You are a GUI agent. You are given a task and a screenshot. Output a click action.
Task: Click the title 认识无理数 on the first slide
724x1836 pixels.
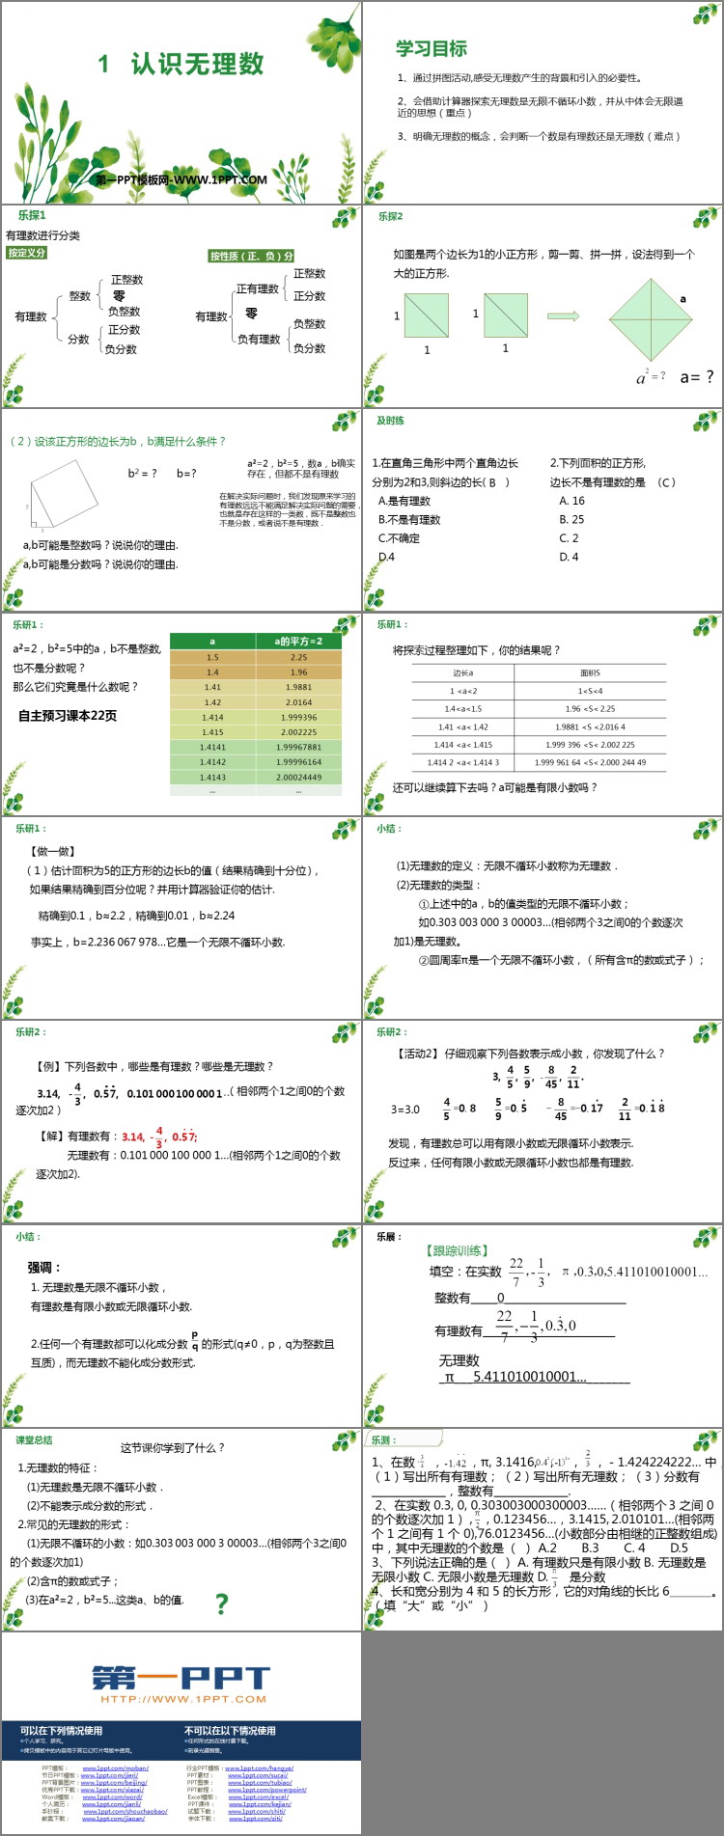click(197, 65)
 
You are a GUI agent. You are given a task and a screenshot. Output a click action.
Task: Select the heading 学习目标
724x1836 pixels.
click(431, 48)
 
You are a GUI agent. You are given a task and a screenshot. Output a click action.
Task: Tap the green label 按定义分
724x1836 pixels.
click(27, 253)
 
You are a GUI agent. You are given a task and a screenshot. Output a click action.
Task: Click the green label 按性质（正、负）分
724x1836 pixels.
click(251, 256)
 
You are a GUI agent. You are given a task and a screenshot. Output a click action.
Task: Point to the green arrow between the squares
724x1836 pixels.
click(563, 315)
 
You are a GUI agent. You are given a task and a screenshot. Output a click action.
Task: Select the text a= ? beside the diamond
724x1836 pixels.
click(697, 376)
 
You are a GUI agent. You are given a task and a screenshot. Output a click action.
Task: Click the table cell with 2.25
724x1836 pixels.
click(298, 657)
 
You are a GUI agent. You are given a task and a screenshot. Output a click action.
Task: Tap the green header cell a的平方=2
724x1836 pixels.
click(298, 641)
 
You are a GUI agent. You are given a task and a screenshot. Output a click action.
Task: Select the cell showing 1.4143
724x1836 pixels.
click(212, 777)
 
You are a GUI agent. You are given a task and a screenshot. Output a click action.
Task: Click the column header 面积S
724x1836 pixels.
click(590, 672)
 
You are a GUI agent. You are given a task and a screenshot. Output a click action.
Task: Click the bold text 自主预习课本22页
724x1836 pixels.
click(68, 715)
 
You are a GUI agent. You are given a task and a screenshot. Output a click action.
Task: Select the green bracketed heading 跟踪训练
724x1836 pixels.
click(458, 1250)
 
